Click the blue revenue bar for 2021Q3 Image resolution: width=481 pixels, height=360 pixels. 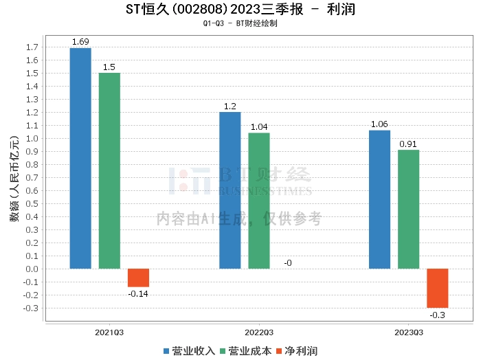coord(80,158)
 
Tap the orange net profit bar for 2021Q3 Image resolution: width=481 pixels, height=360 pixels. coord(138,278)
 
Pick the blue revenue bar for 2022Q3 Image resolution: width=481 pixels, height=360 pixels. coord(230,190)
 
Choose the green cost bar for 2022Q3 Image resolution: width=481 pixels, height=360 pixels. coord(259,201)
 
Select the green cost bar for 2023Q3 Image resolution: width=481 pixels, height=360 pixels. coord(408,209)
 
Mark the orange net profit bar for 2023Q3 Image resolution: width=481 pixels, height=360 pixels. coord(437,288)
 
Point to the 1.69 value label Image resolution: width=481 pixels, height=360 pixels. coord(80,42)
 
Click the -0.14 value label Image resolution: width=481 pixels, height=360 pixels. coord(138,294)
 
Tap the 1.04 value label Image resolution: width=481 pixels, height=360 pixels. coord(259,127)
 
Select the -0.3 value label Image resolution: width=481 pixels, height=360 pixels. coord(437,315)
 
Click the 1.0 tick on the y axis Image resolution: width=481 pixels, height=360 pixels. coord(32,138)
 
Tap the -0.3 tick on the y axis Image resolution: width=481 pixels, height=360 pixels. coord(30,308)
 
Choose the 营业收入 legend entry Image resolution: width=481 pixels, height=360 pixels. coord(190,350)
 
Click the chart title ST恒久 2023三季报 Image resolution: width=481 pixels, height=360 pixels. coord(240,10)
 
